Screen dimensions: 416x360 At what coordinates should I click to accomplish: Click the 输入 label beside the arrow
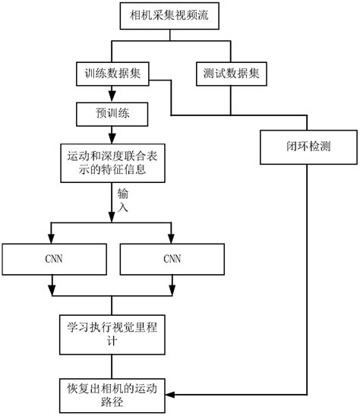(x=122, y=200)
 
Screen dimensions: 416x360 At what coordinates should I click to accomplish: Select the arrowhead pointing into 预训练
(x=112, y=96)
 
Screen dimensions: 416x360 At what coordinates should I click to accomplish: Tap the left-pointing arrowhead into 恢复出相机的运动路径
(x=169, y=396)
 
